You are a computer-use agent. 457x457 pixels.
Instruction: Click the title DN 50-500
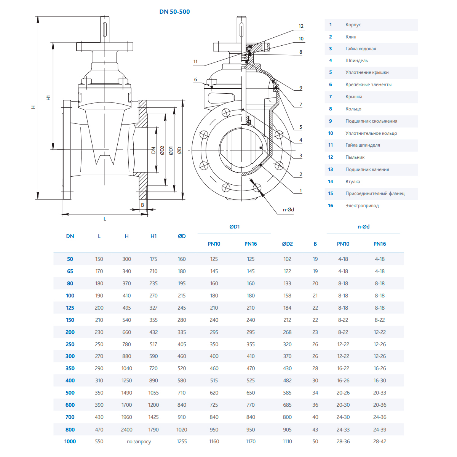[174, 12]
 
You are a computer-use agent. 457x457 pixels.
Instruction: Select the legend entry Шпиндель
[356, 61]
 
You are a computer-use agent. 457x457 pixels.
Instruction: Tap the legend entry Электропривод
[362, 206]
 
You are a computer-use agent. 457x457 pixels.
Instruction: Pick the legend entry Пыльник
[355, 157]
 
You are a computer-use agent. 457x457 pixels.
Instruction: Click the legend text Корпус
[353, 25]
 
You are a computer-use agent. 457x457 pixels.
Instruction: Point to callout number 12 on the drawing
[301, 26]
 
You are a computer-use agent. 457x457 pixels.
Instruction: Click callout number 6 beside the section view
[195, 80]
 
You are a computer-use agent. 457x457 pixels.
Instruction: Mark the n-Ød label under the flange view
[288, 209]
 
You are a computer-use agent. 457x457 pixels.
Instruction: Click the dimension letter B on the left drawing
[143, 205]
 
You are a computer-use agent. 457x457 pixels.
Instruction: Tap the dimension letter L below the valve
[105, 219]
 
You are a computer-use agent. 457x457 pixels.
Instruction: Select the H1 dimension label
[48, 97]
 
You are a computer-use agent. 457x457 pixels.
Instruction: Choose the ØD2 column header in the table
[287, 244]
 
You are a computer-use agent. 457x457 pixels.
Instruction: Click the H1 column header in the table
[153, 236]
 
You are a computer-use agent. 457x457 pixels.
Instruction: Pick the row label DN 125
[70, 308]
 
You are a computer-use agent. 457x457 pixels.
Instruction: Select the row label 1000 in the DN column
[70, 441]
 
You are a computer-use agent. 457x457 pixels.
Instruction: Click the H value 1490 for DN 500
[127, 393]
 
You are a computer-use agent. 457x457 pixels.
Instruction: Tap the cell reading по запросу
[139, 442]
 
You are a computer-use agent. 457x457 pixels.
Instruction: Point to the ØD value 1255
[182, 441]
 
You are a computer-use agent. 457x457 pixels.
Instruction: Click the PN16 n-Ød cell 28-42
[380, 441]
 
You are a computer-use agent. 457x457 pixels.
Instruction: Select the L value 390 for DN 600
[99, 405]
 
